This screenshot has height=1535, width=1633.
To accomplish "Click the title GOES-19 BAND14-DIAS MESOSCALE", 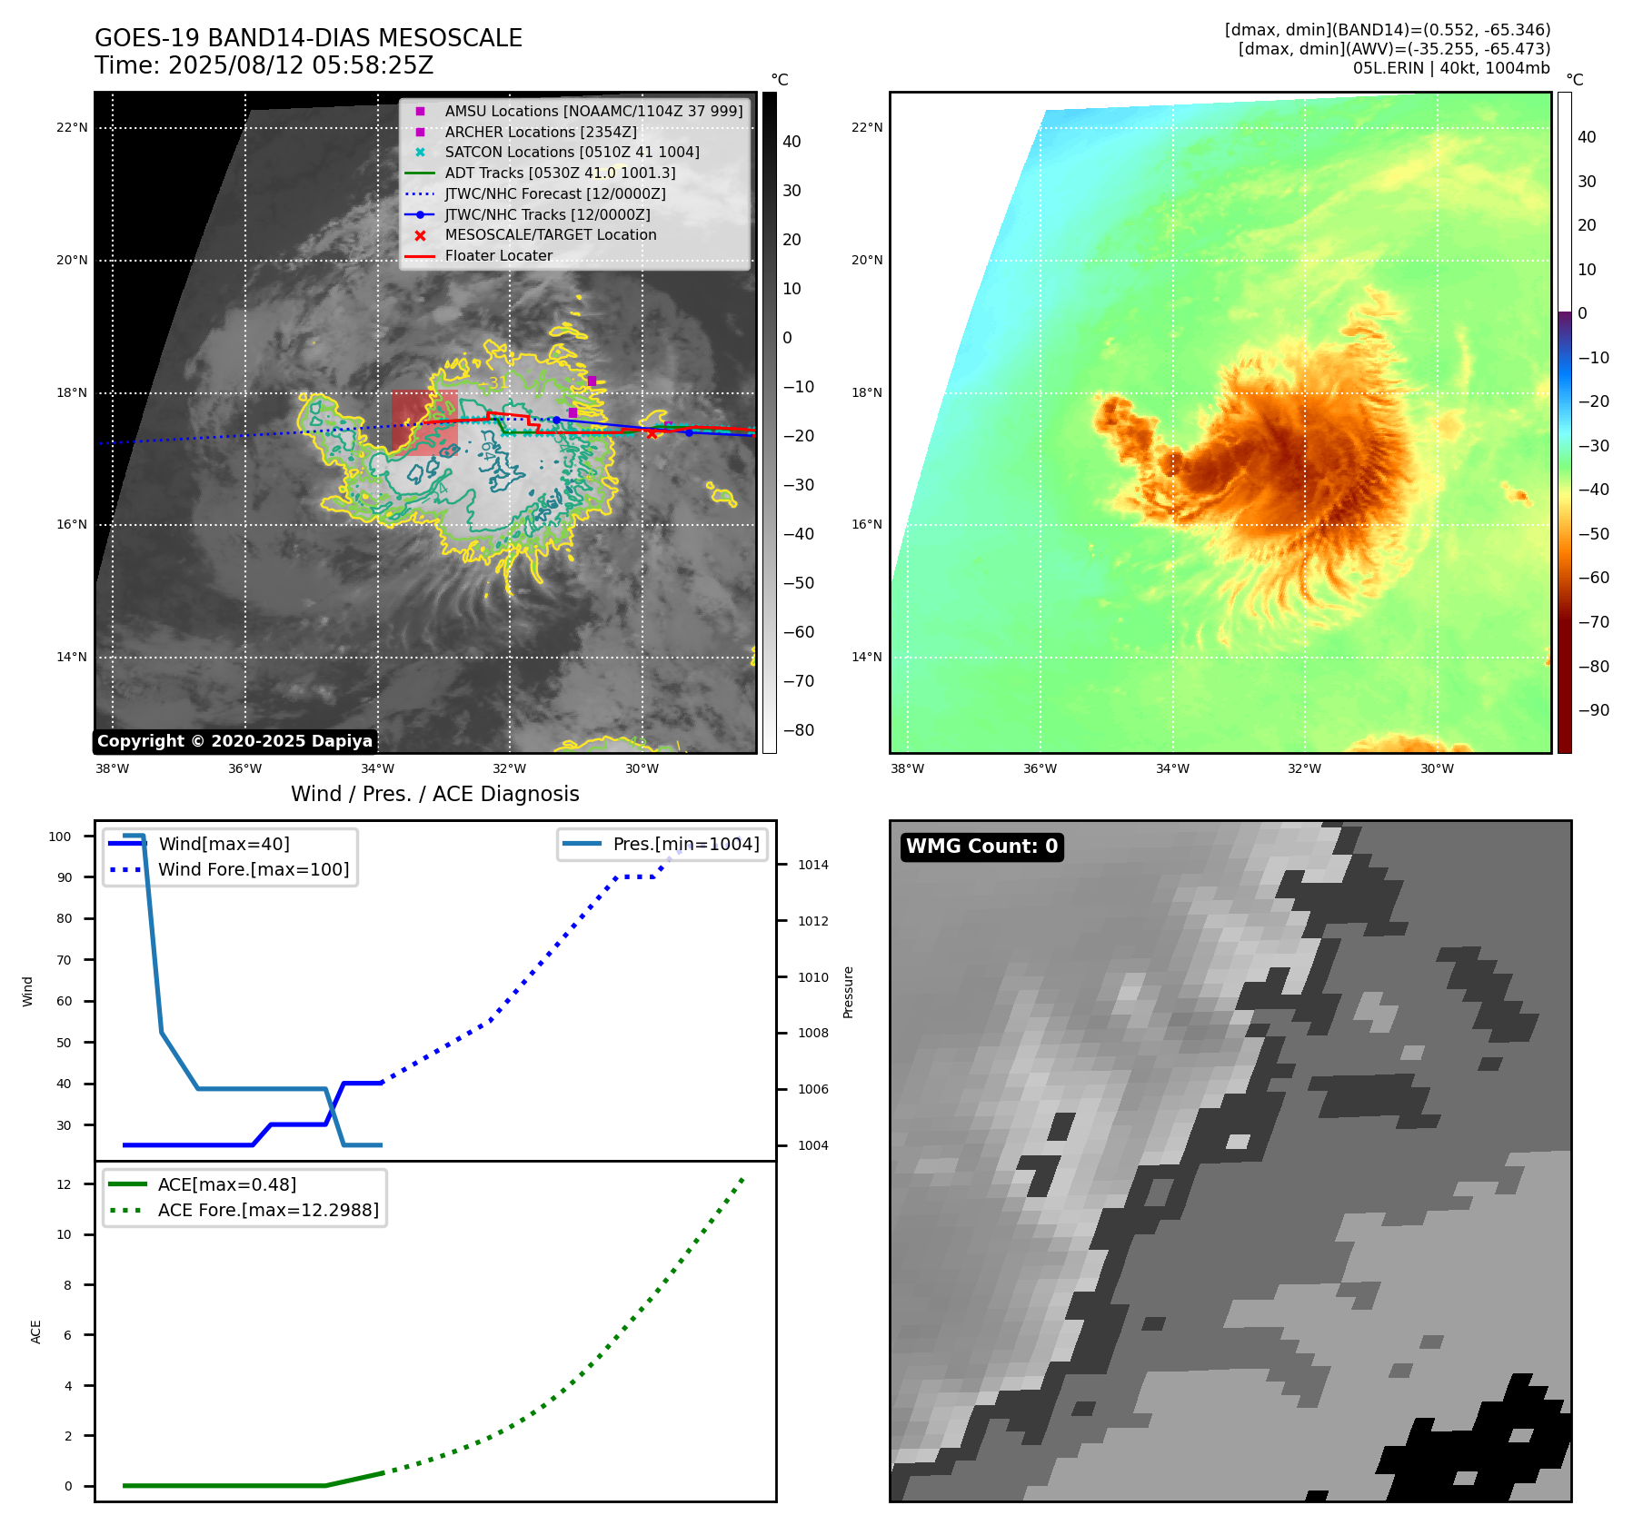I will [x=308, y=38].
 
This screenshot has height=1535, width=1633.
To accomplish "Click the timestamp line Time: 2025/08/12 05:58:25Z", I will [x=264, y=65].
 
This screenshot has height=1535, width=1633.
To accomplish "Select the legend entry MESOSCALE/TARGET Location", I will [x=550, y=234].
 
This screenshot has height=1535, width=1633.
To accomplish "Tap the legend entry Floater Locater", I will [x=498, y=255].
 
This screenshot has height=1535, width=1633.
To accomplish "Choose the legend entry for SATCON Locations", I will [x=572, y=152].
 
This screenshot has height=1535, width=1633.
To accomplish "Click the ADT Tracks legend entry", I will [x=560, y=173].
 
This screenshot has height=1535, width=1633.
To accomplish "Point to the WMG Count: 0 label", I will [x=981, y=847].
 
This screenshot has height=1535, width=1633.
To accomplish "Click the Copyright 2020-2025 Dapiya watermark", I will [x=234, y=741].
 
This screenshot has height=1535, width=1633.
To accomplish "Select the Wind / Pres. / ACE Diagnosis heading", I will [x=434, y=794].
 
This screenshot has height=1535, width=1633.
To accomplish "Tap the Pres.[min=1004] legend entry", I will [x=685, y=844].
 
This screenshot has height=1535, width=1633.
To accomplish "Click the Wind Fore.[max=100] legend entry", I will [x=254, y=869].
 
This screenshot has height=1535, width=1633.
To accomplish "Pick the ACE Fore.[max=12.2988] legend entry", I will [x=268, y=1210].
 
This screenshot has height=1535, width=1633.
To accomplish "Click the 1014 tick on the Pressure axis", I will [x=812, y=865].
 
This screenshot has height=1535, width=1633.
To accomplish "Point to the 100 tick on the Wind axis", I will [x=60, y=837].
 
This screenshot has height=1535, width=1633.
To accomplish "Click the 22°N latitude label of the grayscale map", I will [x=72, y=127].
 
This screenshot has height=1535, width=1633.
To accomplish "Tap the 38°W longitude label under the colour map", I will [x=907, y=768].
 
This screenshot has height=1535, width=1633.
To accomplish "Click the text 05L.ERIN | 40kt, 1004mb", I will [x=1451, y=68].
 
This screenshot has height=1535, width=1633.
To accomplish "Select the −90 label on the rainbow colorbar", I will [x=1593, y=710].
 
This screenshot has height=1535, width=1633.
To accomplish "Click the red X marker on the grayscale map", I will [x=652, y=433].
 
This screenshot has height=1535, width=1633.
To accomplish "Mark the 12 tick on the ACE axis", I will [x=64, y=1184].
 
